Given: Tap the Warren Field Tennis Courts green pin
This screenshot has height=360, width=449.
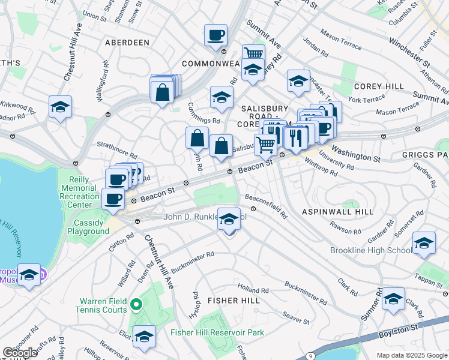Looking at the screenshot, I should pos(136,305).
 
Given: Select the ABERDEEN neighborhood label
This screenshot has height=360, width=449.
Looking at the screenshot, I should pos(127,43).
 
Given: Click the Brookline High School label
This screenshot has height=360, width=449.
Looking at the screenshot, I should pos(370,250).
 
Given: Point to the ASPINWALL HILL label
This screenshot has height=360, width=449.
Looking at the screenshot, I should pos(337,212).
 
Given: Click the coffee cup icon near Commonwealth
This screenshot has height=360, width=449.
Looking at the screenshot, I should pos(215,35).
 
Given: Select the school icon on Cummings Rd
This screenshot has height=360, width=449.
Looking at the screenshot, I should pos(221,97).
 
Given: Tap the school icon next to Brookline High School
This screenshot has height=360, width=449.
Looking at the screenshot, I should pos(424,243).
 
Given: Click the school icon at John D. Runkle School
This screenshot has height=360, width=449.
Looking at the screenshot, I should pos(229,220).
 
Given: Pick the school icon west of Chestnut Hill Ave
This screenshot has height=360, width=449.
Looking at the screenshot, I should pos(60,107).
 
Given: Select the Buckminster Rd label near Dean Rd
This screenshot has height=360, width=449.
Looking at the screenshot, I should pos(193,259).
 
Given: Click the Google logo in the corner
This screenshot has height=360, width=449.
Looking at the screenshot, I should pos(20,353).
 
